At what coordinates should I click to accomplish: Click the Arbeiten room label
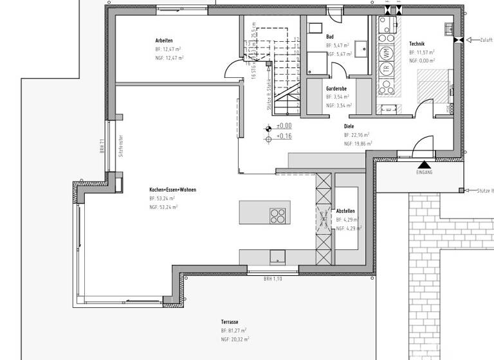pyautogui.click(x=164, y=40)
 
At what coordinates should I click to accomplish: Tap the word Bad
pyautogui.click(x=330, y=37)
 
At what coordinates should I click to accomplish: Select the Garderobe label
pyautogui.click(x=337, y=88)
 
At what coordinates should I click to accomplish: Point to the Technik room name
pyautogui.click(x=417, y=43)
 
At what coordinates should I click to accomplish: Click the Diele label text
pyautogui.click(x=349, y=127)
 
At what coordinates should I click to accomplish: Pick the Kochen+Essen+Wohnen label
pyautogui.click(x=172, y=190)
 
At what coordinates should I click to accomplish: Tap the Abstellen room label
pyautogui.click(x=345, y=211)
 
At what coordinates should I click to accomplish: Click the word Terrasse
pyautogui.click(x=230, y=321)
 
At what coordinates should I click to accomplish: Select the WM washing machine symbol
pyautogui.click(x=387, y=52)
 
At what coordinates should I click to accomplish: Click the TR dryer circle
pyautogui.click(x=387, y=69)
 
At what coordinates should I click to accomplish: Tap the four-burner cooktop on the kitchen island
pyautogui.click(x=278, y=215)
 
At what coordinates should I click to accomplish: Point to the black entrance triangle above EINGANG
pyautogui.click(x=425, y=165)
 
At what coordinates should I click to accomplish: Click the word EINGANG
pyautogui.click(x=425, y=173)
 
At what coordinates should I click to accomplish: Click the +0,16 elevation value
pyautogui.click(x=284, y=136)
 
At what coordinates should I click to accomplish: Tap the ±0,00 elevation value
pyautogui.click(x=284, y=126)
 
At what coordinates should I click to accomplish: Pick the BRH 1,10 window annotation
pyautogui.click(x=273, y=279)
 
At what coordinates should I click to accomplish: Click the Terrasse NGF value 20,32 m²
pyautogui.click(x=235, y=339)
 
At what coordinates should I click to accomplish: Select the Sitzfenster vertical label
pyautogui.click(x=120, y=146)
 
